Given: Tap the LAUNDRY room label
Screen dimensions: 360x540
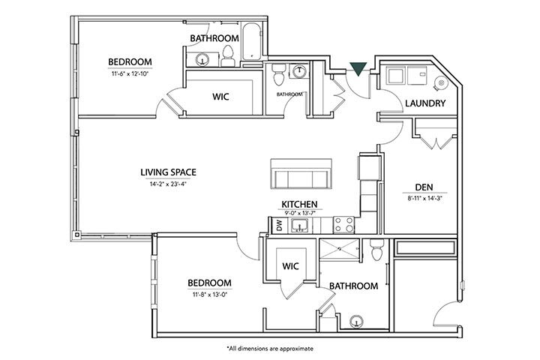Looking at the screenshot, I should (425, 103).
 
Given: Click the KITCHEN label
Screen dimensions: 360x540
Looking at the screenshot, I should (299, 204).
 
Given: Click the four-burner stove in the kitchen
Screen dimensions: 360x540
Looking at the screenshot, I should (343, 223).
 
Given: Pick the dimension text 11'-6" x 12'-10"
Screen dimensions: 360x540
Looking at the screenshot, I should (130, 73).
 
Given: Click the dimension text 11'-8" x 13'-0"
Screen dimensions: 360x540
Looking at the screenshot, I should (209, 295).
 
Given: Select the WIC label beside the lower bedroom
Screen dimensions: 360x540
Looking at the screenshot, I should (291, 265).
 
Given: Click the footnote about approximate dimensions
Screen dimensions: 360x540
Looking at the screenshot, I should (269, 349).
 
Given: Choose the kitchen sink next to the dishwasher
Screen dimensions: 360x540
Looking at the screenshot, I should (303, 224).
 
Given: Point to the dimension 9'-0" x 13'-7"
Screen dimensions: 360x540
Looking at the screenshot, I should (299, 214).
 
